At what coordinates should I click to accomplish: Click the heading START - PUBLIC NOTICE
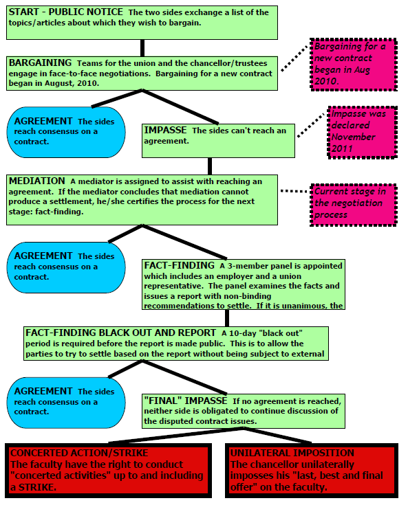pyautogui.click(x=66, y=12)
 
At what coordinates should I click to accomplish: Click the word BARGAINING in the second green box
pyautogui.click(x=41, y=63)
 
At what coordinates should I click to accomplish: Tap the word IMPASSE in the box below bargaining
pyautogui.click(x=165, y=130)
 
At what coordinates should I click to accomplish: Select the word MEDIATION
pyautogui.click(x=36, y=181)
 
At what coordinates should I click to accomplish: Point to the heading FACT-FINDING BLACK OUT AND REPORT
pyautogui.click(x=120, y=333)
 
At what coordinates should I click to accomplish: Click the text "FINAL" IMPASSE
pyautogui.click(x=186, y=401)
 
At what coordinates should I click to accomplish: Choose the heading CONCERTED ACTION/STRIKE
pyautogui.click(x=79, y=453)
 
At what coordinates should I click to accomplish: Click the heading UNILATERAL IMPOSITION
pyautogui.click(x=292, y=453)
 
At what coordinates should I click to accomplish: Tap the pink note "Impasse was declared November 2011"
pyautogui.click(x=363, y=132)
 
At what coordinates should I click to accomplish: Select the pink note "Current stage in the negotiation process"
pyautogui.click(x=354, y=205)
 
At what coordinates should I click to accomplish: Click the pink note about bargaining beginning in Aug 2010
pyautogui.click(x=354, y=65)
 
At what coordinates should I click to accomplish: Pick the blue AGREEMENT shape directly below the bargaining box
pyautogui.click(x=66, y=132)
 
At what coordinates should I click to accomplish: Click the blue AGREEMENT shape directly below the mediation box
pyautogui.click(x=66, y=267)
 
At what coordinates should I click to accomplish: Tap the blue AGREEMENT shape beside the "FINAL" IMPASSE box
pyautogui.click(x=66, y=403)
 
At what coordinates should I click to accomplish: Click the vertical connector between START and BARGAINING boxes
pyautogui.click(x=142, y=48)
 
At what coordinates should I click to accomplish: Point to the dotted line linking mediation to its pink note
pyautogui.click(x=294, y=191)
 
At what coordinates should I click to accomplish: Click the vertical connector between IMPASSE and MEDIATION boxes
pyautogui.click(x=210, y=166)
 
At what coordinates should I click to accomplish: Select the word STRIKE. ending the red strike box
pyautogui.click(x=37, y=487)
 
